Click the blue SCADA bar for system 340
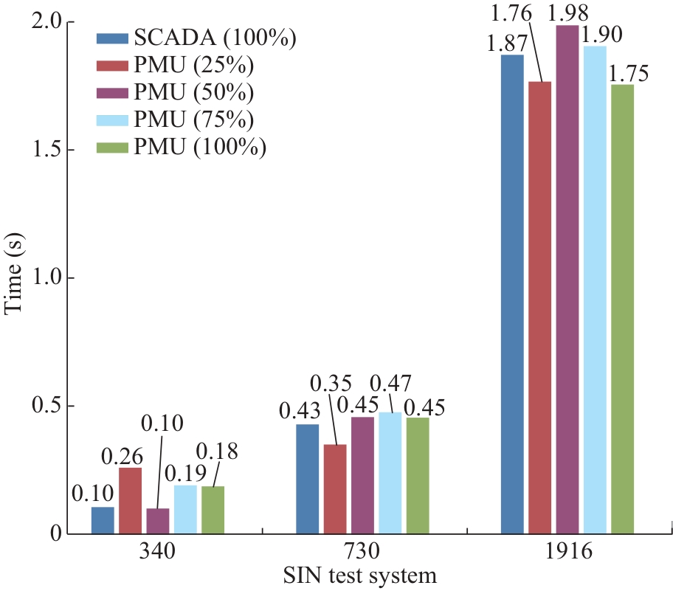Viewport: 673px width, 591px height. [x=103, y=520]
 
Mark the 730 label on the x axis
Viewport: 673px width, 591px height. [x=362, y=553]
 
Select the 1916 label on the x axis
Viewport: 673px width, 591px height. [x=567, y=553]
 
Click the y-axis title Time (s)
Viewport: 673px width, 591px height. [x=14, y=277]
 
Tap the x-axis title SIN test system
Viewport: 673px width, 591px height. [x=362, y=576]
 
